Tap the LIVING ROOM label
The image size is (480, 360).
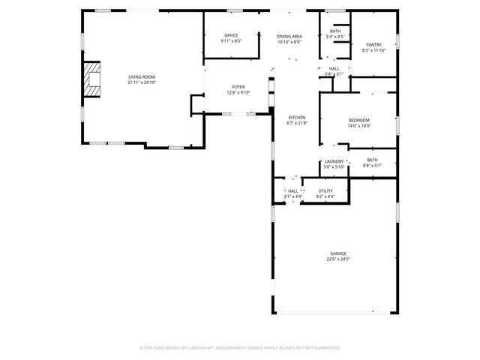pyautogui.click(x=141, y=76)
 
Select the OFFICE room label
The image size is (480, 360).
pyautogui.click(x=231, y=36)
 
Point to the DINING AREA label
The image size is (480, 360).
pyautogui.click(x=289, y=36)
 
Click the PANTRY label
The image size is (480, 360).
pyautogui.click(x=373, y=45)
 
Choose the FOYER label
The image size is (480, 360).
pyautogui.click(x=238, y=87)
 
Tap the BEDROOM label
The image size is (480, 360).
pyautogui.click(x=358, y=121)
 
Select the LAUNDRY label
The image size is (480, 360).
pyautogui.click(x=334, y=160)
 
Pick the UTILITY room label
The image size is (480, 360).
pyautogui.click(x=325, y=190)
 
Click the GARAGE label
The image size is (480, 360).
pyautogui.click(x=338, y=253)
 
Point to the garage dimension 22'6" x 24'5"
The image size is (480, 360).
pyautogui.click(x=338, y=259)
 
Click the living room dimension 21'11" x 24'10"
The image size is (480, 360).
pyautogui.click(x=141, y=82)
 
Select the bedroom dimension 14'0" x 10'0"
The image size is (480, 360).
pyautogui.click(x=358, y=126)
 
